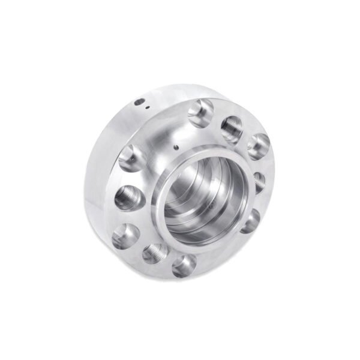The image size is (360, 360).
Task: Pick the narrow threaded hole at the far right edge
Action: pos(260,181)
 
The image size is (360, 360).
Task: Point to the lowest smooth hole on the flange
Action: pos(184,264)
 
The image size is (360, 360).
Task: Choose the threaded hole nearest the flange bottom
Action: pos(155,252)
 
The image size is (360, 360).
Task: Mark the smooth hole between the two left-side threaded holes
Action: pos(126,236)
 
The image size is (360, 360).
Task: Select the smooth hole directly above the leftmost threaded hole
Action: pos(130,159)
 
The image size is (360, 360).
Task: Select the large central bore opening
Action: pos(198,192)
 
